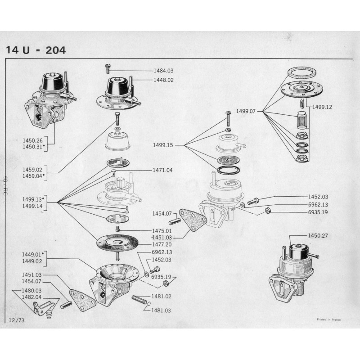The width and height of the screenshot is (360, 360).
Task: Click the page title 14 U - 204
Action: tap(36, 49)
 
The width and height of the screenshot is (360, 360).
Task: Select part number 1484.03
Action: tap(163, 71)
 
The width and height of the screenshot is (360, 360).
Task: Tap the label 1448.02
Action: tap(163, 80)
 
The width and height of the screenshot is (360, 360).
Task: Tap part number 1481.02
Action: tap(162, 296)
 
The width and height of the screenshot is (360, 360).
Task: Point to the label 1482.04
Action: tap(31, 297)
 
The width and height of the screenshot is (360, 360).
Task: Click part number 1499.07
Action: tap(246, 111)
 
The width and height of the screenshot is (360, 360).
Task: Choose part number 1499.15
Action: tap(163, 145)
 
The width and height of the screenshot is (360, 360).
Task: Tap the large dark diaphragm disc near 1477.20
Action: tap(117, 243)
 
